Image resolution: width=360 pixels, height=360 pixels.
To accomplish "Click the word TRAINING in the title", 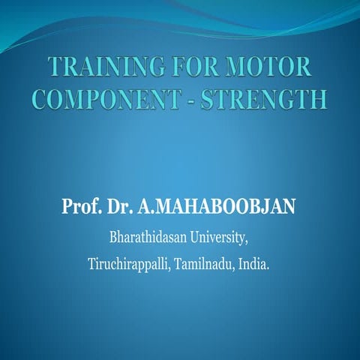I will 100,67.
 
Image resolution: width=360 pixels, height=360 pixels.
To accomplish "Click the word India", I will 253,265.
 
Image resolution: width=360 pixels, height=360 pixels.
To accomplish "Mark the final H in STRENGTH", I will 319,100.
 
